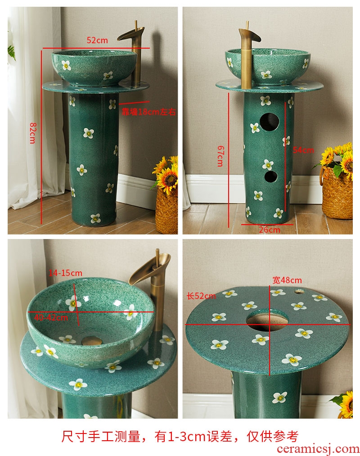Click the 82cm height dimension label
coord(32,133)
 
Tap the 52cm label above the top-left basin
coord(97,40)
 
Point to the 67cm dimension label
coord(220,156)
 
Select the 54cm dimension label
coord(303,150)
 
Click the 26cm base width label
coord(270,230)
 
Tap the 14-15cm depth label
coord(65,273)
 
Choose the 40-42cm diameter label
coord(51,317)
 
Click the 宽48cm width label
coord(287,280)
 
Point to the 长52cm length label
coord(201,296)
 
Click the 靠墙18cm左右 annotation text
coord(149,112)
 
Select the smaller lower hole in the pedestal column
coord(271,176)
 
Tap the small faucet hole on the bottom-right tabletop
coord(300,291)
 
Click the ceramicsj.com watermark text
coord(318,449)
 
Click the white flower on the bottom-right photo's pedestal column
coord(280,397)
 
